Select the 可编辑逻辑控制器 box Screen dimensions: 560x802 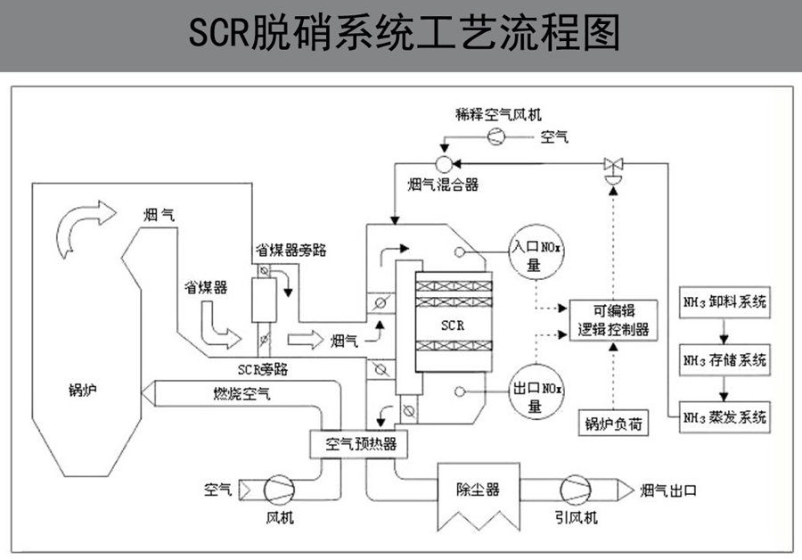[613, 320]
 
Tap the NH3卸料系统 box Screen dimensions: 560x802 [723, 301]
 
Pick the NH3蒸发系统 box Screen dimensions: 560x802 [723, 416]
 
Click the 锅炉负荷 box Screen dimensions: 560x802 [613, 423]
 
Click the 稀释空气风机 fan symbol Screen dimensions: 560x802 [496, 136]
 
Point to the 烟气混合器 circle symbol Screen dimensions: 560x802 [443, 162]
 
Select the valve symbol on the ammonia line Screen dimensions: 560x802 [613, 165]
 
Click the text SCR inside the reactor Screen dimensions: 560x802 [453, 325]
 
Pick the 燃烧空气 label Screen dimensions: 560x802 [241, 391]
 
